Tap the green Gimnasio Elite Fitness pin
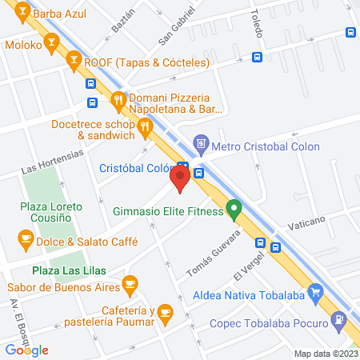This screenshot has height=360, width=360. coord(234,210)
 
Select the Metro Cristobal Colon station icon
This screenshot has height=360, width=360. coord(202,146)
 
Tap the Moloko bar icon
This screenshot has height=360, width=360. coord(53,42)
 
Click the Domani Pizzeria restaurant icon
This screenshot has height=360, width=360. coord(118,100)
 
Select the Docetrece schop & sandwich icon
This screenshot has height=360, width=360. coord(144,125)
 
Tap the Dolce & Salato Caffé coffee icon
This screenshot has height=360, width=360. coord(26,238)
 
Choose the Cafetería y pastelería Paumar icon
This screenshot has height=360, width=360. coord(165,311)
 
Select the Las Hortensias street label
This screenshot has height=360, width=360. coord(51,165)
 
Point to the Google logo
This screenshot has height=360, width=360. coord(26,350)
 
